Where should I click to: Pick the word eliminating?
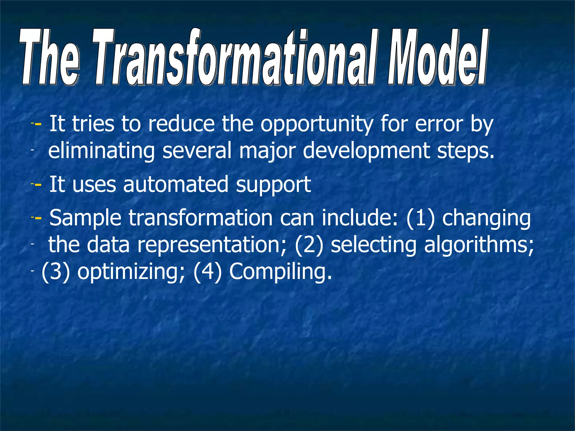101,151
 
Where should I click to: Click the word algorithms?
479,246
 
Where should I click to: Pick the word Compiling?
280,272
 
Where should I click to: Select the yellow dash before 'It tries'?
38,124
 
